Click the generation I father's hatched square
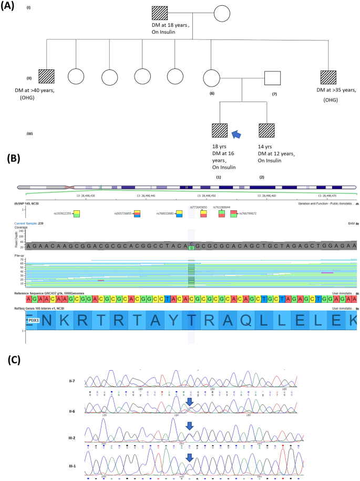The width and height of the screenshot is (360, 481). tap(159, 14)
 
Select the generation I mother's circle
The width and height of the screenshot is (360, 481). tap(222, 14)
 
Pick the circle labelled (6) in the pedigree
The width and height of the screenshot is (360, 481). tap(211, 78)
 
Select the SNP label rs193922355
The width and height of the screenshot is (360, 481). tap(63, 214)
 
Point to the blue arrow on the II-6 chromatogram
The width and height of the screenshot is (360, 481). tap(189, 403)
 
